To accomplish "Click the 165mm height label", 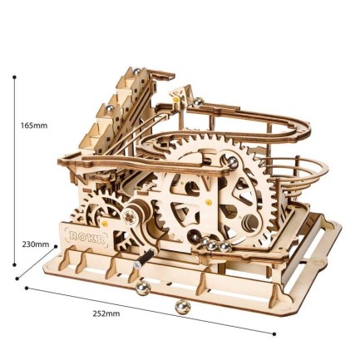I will [34, 126].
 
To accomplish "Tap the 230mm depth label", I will [36, 245].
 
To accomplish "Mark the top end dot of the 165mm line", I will [15, 76].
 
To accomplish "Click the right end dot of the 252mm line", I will [275, 334].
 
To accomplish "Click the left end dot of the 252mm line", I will [27, 288].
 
